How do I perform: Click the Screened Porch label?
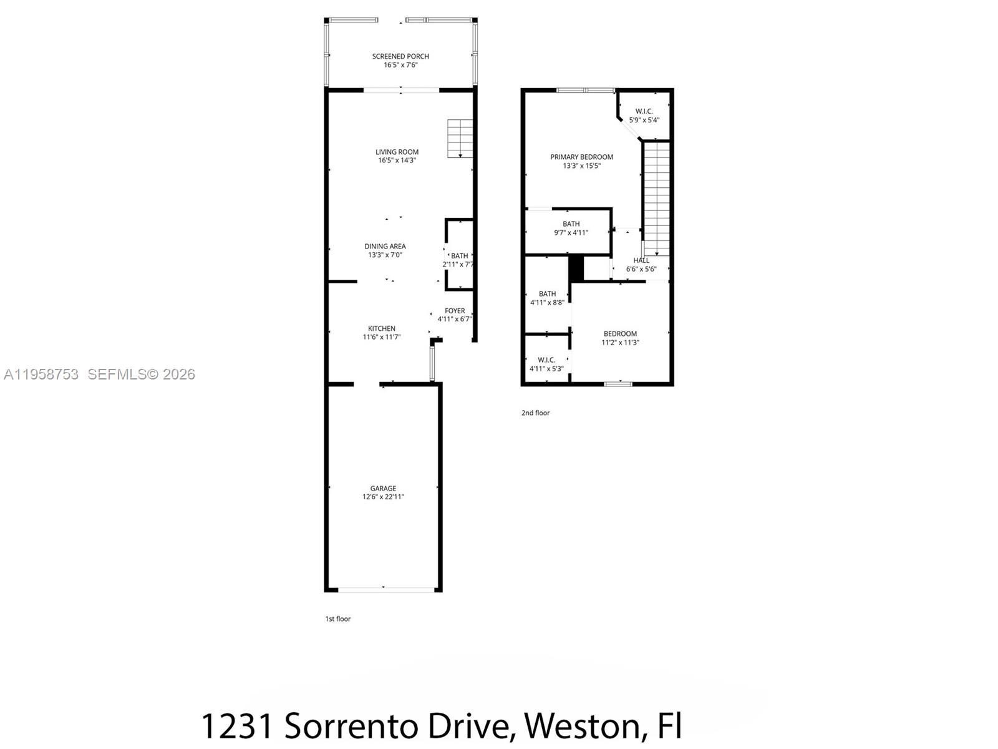coord(400,56)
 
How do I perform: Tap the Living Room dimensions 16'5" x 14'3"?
coord(397,160)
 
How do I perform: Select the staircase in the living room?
coord(460,139)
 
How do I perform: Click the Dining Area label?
coord(385,246)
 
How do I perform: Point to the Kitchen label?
coord(381,328)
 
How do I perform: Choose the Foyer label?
coord(455,311)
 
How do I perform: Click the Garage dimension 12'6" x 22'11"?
coord(383,497)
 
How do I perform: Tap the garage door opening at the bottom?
coord(384,589)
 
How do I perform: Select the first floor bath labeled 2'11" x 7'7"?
coord(460,256)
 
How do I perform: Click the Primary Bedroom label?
coord(581,157)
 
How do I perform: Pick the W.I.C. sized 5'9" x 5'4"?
coord(644,115)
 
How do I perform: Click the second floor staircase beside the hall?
coord(657,197)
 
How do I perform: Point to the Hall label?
coord(641,260)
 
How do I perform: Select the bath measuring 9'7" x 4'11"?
coord(571,228)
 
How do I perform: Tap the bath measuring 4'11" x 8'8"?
coord(547,298)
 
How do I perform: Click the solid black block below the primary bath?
coord(576,268)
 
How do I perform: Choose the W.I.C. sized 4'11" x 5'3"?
coord(546,364)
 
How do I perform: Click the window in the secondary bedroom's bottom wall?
coord(618,384)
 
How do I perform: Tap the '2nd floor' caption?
coord(535,413)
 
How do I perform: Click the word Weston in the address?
coord(581,726)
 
